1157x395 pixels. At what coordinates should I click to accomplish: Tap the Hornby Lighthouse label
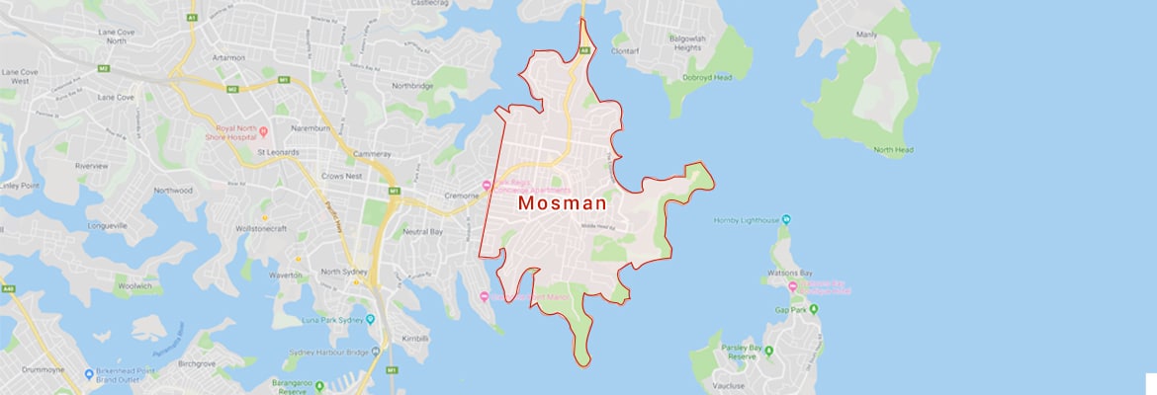[x=747, y=219]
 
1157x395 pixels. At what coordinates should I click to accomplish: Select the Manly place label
[x=866, y=35]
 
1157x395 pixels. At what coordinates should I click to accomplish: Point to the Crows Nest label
[x=342, y=175]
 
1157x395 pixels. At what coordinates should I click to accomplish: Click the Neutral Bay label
[x=422, y=231]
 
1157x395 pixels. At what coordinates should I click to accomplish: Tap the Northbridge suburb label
[x=413, y=85]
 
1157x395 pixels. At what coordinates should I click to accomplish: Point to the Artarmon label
[x=227, y=57]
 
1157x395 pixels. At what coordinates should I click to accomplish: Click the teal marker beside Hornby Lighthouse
[x=786, y=219]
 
